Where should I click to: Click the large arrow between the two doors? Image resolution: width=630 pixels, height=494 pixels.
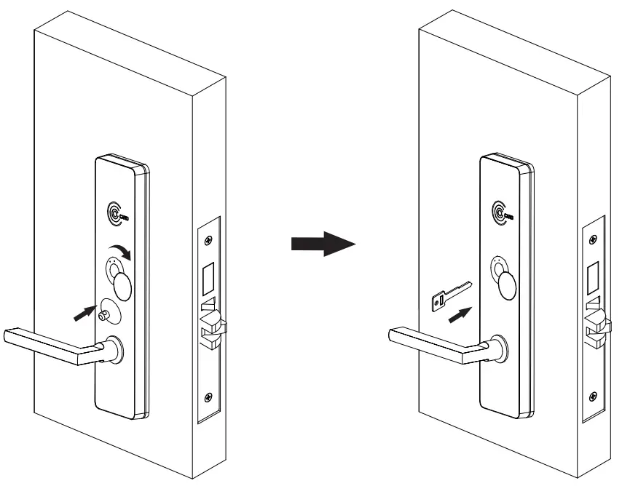point(323,245)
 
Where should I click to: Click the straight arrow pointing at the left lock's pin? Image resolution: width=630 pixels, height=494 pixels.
point(85,314)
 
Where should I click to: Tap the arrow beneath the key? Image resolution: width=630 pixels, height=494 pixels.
point(458,315)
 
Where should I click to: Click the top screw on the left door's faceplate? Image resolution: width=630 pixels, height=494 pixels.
point(209,240)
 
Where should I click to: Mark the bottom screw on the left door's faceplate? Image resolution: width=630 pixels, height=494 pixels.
point(209,398)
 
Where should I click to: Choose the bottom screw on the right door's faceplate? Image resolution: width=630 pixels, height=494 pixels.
point(594,397)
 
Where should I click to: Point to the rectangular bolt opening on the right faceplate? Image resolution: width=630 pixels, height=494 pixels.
point(592,276)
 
